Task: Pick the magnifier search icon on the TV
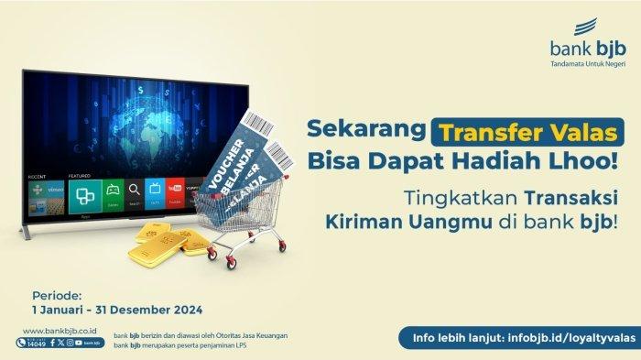(135, 190)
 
